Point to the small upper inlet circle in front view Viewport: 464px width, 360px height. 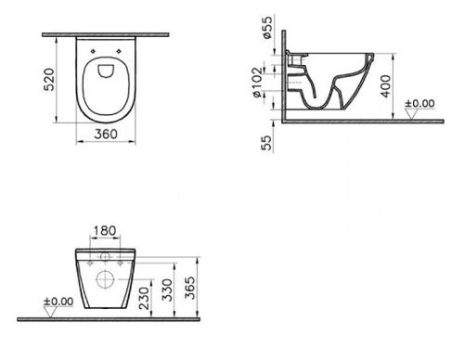pos(104,255)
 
